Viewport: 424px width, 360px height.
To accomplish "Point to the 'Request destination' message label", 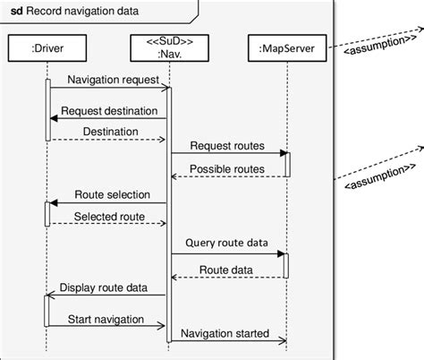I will click(110, 110).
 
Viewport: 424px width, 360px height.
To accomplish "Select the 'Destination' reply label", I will click(111, 132).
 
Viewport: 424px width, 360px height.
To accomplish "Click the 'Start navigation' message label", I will click(106, 318).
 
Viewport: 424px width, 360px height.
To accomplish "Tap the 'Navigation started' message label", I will click(225, 332).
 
